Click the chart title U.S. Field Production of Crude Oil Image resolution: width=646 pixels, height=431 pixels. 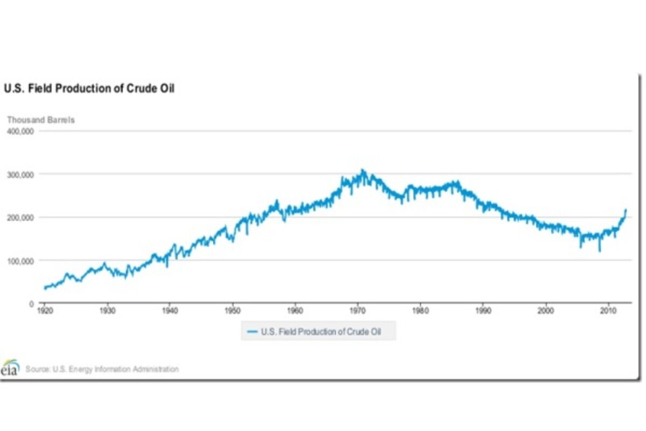89,89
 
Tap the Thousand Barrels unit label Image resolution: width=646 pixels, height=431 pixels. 40,120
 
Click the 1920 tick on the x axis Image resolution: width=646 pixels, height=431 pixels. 45,311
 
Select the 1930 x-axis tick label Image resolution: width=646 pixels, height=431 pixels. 107,311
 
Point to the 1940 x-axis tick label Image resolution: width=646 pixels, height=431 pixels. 170,311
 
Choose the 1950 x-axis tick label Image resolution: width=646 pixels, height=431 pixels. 233,311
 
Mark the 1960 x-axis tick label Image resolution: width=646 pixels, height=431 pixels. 295,311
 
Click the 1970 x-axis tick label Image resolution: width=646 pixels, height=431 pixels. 358,311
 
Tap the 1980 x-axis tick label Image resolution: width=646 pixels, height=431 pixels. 420,311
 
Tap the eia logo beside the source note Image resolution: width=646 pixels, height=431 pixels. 10,369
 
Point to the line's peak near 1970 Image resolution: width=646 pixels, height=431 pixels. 363,170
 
